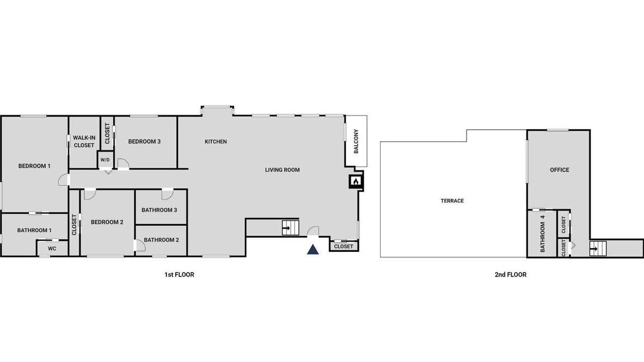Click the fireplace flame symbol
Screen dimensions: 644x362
[x=356, y=182]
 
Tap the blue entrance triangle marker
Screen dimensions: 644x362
[x=313, y=250]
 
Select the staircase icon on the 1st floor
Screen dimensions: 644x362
[x=290, y=228]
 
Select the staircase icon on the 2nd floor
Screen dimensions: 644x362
[x=598, y=248]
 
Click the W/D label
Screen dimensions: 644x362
[x=105, y=160]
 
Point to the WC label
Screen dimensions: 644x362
[x=52, y=248]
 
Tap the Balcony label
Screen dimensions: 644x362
[x=356, y=141]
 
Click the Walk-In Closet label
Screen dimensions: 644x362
[x=84, y=142]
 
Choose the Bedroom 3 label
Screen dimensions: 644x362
[x=144, y=142]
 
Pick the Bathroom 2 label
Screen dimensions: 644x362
[x=162, y=240]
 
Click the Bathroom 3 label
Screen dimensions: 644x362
[x=159, y=210]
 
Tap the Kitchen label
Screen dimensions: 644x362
[x=216, y=142]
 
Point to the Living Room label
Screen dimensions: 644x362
[x=282, y=170]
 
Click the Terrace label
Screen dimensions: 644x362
[x=452, y=201]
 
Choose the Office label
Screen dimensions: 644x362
[x=559, y=170]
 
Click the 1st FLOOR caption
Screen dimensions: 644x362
[x=180, y=275]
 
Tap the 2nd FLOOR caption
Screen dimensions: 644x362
[x=511, y=275]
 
